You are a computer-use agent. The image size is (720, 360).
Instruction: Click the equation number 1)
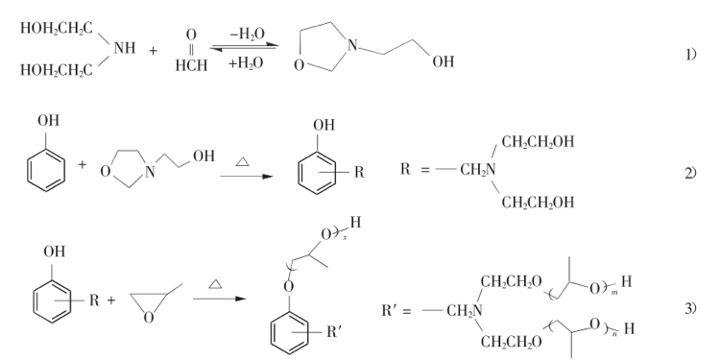(691, 56)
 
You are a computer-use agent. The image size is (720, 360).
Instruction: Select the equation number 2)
(691, 173)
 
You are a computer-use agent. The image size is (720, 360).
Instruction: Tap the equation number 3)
(691, 308)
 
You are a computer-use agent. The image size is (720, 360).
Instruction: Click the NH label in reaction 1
(125, 48)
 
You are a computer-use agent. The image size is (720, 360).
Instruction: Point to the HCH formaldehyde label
(191, 65)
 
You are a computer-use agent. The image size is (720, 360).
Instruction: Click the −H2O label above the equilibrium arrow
(247, 34)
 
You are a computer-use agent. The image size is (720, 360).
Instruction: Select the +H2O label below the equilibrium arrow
(246, 63)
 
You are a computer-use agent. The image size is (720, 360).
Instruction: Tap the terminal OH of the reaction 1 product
(444, 61)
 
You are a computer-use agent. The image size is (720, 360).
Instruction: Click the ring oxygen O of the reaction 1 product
(299, 65)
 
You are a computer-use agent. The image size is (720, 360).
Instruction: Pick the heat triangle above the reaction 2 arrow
(242, 161)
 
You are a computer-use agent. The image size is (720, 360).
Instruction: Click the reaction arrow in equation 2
(247, 177)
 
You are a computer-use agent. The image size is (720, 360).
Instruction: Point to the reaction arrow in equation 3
(220, 299)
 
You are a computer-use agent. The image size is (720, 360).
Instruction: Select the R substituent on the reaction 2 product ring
(359, 173)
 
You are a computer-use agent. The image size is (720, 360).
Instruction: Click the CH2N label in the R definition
(478, 170)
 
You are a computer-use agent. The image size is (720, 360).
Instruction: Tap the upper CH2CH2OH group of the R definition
(538, 142)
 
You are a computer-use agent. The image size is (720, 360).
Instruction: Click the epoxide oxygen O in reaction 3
(148, 318)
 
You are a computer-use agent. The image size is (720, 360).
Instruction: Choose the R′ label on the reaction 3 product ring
(334, 332)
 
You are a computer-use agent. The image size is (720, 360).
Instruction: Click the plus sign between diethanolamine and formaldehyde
(153, 50)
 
